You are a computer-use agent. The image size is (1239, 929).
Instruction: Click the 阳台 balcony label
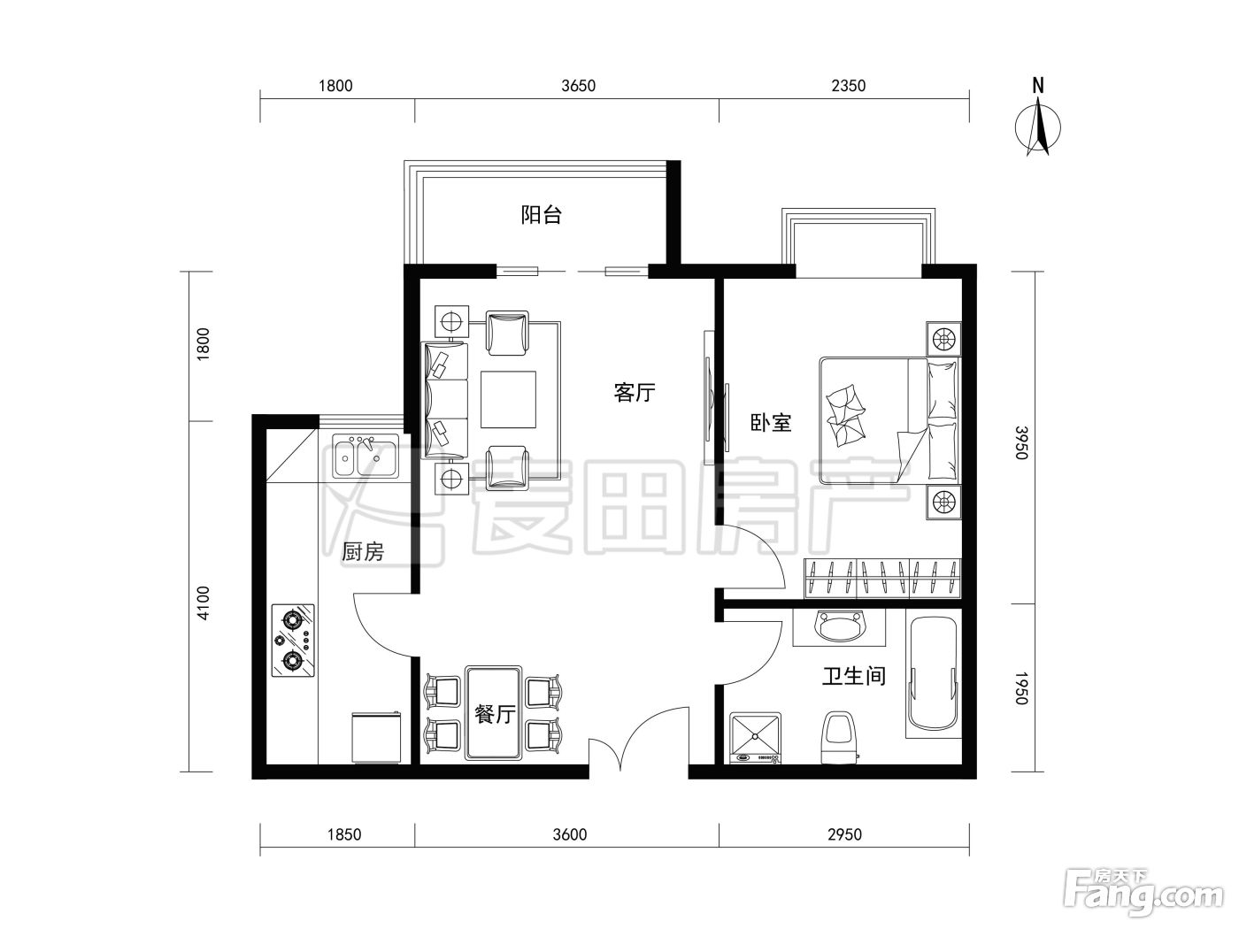[x=541, y=215]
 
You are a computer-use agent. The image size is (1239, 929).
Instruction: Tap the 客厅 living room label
[x=635, y=392]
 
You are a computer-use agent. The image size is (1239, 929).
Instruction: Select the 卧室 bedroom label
[x=771, y=423]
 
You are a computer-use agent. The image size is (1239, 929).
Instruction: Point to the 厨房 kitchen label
[x=362, y=551]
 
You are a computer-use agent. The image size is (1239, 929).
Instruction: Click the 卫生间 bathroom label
[x=853, y=675]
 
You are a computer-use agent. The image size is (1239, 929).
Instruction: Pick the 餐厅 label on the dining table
[x=495, y=714]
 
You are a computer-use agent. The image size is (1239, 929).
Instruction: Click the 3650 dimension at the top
[x=579, y=86]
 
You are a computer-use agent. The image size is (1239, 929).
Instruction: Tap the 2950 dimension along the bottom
[x=844, y=834]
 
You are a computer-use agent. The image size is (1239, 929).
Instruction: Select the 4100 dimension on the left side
[x=204, y=603]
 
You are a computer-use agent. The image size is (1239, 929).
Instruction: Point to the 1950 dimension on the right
[x=1020, y=688]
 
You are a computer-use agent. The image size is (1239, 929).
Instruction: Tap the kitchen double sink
[x=366, y=456]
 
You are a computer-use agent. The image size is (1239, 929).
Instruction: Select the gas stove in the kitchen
[x=293, y=641]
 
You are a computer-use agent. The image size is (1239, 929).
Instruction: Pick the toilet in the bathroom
[x=839, y=738]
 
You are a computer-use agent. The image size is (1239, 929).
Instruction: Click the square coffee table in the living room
[x=508, y=399]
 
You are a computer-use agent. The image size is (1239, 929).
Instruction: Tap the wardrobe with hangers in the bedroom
[x=881, y=578]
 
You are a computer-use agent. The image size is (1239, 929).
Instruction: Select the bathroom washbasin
[x=839, y=626]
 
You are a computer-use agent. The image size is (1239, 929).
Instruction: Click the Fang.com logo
[x=1143, y=892]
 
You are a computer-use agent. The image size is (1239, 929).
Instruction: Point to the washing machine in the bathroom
[x=755, y=738]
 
